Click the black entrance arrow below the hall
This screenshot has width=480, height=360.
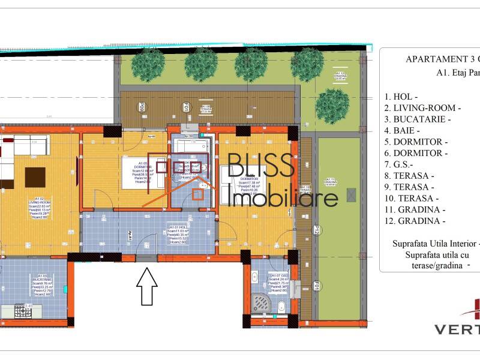point(147,286)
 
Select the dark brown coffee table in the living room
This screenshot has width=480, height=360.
point(34,177)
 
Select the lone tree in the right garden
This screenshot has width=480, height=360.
point(333,106)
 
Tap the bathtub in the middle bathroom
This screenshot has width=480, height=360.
point(191,144)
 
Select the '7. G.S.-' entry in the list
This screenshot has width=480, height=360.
point(403,164)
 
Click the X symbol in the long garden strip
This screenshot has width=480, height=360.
point(352,196)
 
